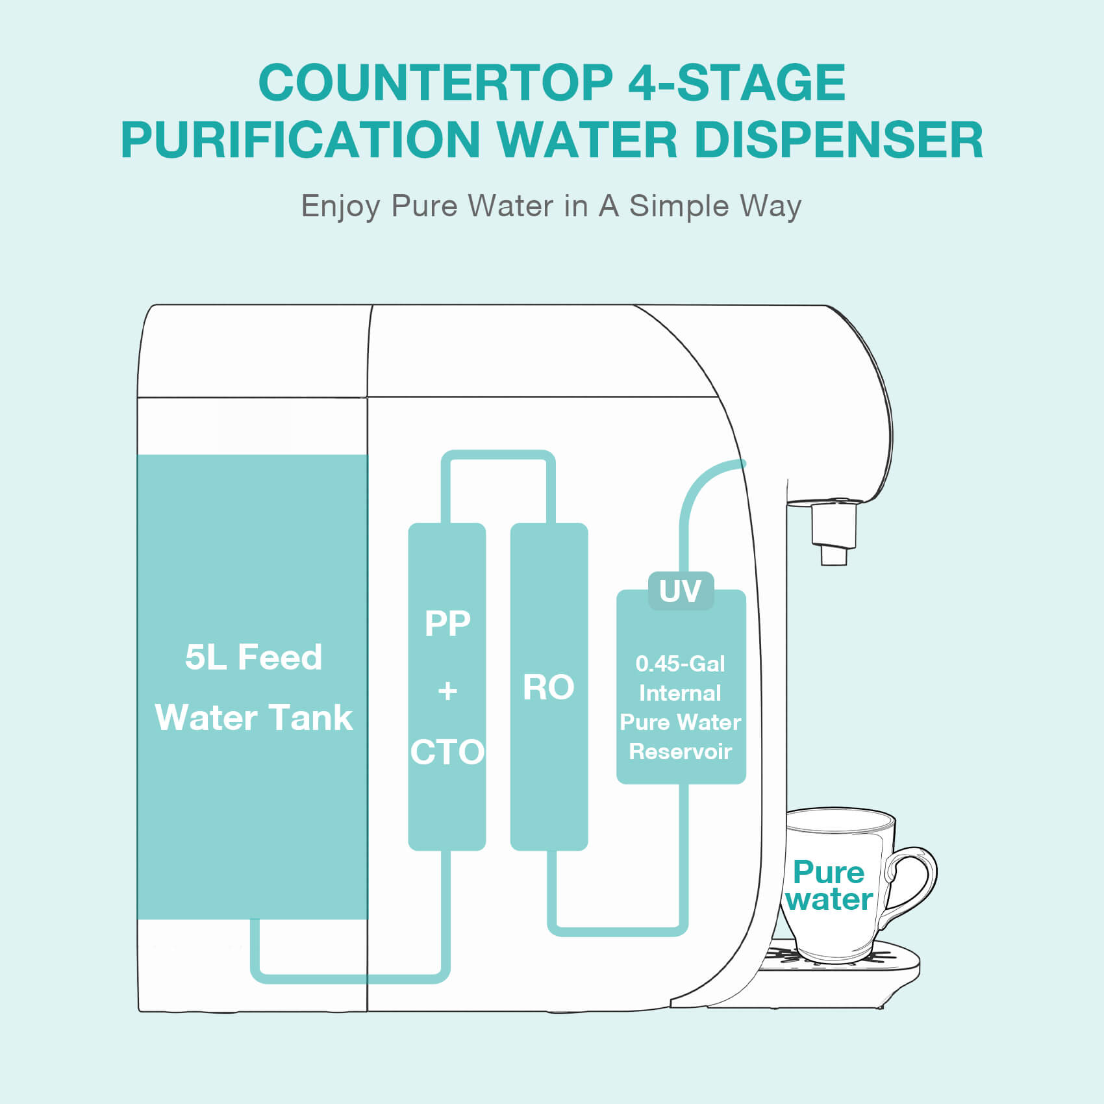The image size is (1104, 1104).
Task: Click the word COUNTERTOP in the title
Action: pos(435,82)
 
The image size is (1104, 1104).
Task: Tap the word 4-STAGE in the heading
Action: pos(736,82)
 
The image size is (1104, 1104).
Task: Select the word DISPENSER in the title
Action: pos(838,140)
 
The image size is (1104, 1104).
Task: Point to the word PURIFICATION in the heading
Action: pos(300,140)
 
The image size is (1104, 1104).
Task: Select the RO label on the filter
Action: pos(549,687)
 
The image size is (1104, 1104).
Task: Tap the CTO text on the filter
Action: pos(447,752)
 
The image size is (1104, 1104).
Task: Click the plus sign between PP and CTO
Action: pos(447,690)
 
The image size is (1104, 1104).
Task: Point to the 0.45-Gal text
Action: pos(680,664)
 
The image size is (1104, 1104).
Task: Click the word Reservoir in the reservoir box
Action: pos(680,751)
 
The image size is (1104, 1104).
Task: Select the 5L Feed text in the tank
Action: pos(253,657)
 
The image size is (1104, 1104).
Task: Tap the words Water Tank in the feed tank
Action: pos(253,718)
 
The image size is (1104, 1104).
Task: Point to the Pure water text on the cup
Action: pos(829,886)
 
